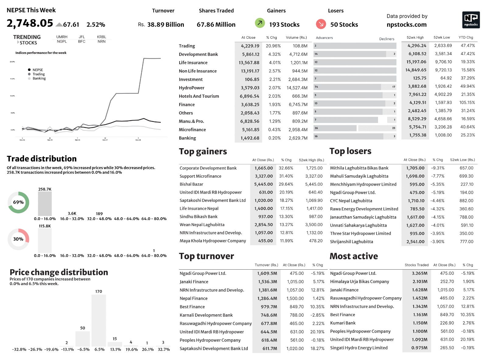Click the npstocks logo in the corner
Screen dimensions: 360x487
(x=471, y=20)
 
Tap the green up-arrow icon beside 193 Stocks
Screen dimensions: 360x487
(x=260, y=23)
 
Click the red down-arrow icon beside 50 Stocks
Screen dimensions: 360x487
(x=321, y=24)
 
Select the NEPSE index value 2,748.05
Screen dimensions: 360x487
(x=30, y=23)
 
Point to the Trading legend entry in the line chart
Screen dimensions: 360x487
(x=38, y=74)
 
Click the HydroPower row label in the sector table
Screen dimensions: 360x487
(x=191, y=88)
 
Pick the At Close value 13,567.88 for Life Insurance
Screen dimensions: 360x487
(x=249, y=63)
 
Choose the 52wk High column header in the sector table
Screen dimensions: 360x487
(x=415, y=37)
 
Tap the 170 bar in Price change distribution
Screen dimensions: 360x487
(x=99, y=320)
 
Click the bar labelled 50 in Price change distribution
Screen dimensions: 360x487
(x=82, y=338)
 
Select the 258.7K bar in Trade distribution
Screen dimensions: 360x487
(x=45, y=204)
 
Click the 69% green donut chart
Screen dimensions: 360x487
(x=19, y=202)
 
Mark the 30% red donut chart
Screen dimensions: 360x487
(x=19, y=239)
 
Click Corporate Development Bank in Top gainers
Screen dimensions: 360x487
(x=208, y=168)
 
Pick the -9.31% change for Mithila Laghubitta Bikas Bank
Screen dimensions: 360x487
(x=437, y=168)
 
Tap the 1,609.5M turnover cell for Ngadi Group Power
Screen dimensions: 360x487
(x=267, y=273)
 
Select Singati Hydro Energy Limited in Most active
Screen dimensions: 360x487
(x=359, y=348)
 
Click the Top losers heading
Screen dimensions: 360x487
(x=350, y=151)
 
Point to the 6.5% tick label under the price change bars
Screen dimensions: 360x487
(x=100, y=349)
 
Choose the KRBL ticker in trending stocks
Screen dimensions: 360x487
(x=102, y=37)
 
